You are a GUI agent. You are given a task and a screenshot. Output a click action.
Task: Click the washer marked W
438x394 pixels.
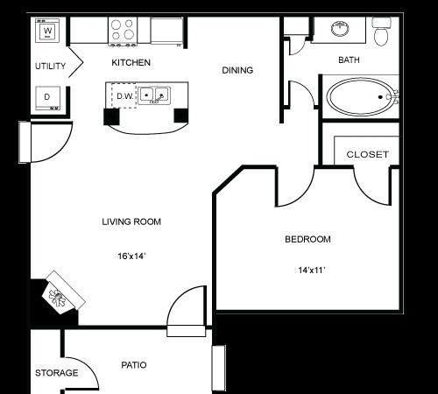click(x=48, y=32)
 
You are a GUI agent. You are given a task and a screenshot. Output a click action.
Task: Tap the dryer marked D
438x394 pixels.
click(x=48, y=95)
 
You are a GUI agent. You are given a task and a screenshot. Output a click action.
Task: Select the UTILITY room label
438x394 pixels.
click(x=50, y=67)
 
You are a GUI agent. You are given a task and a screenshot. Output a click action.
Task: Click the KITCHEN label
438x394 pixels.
click(x=131, y=63)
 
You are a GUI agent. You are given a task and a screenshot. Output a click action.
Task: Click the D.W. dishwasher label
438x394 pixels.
click(x=124, y=95)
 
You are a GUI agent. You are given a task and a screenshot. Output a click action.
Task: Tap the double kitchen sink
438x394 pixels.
click(x=153, y=95)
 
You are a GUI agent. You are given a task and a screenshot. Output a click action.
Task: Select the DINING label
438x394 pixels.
click(x=237, y=71)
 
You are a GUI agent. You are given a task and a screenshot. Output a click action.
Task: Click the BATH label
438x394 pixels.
click(x=350, y=60)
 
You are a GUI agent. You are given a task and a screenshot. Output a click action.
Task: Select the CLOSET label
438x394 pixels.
click(x=367, y=154)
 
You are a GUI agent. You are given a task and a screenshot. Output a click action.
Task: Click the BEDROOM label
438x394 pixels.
click(x=307, y=239)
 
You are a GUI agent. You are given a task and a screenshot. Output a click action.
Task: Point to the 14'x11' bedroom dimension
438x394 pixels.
click(x=311, y=271)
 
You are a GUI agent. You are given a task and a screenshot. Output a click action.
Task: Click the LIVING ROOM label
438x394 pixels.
click(x=131, y=222)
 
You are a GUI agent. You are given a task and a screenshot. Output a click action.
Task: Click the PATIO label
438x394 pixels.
click(x=133, y=364)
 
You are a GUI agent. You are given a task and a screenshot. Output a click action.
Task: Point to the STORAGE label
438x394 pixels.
click(x=56, y=373)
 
